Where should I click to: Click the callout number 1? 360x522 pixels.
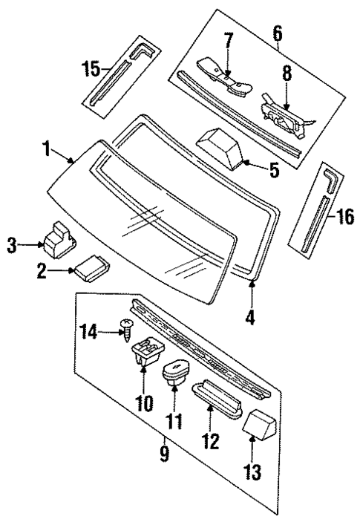pos(46,149)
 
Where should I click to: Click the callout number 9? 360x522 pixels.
pos(164,452)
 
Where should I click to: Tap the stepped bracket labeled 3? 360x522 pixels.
pos(56,235)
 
